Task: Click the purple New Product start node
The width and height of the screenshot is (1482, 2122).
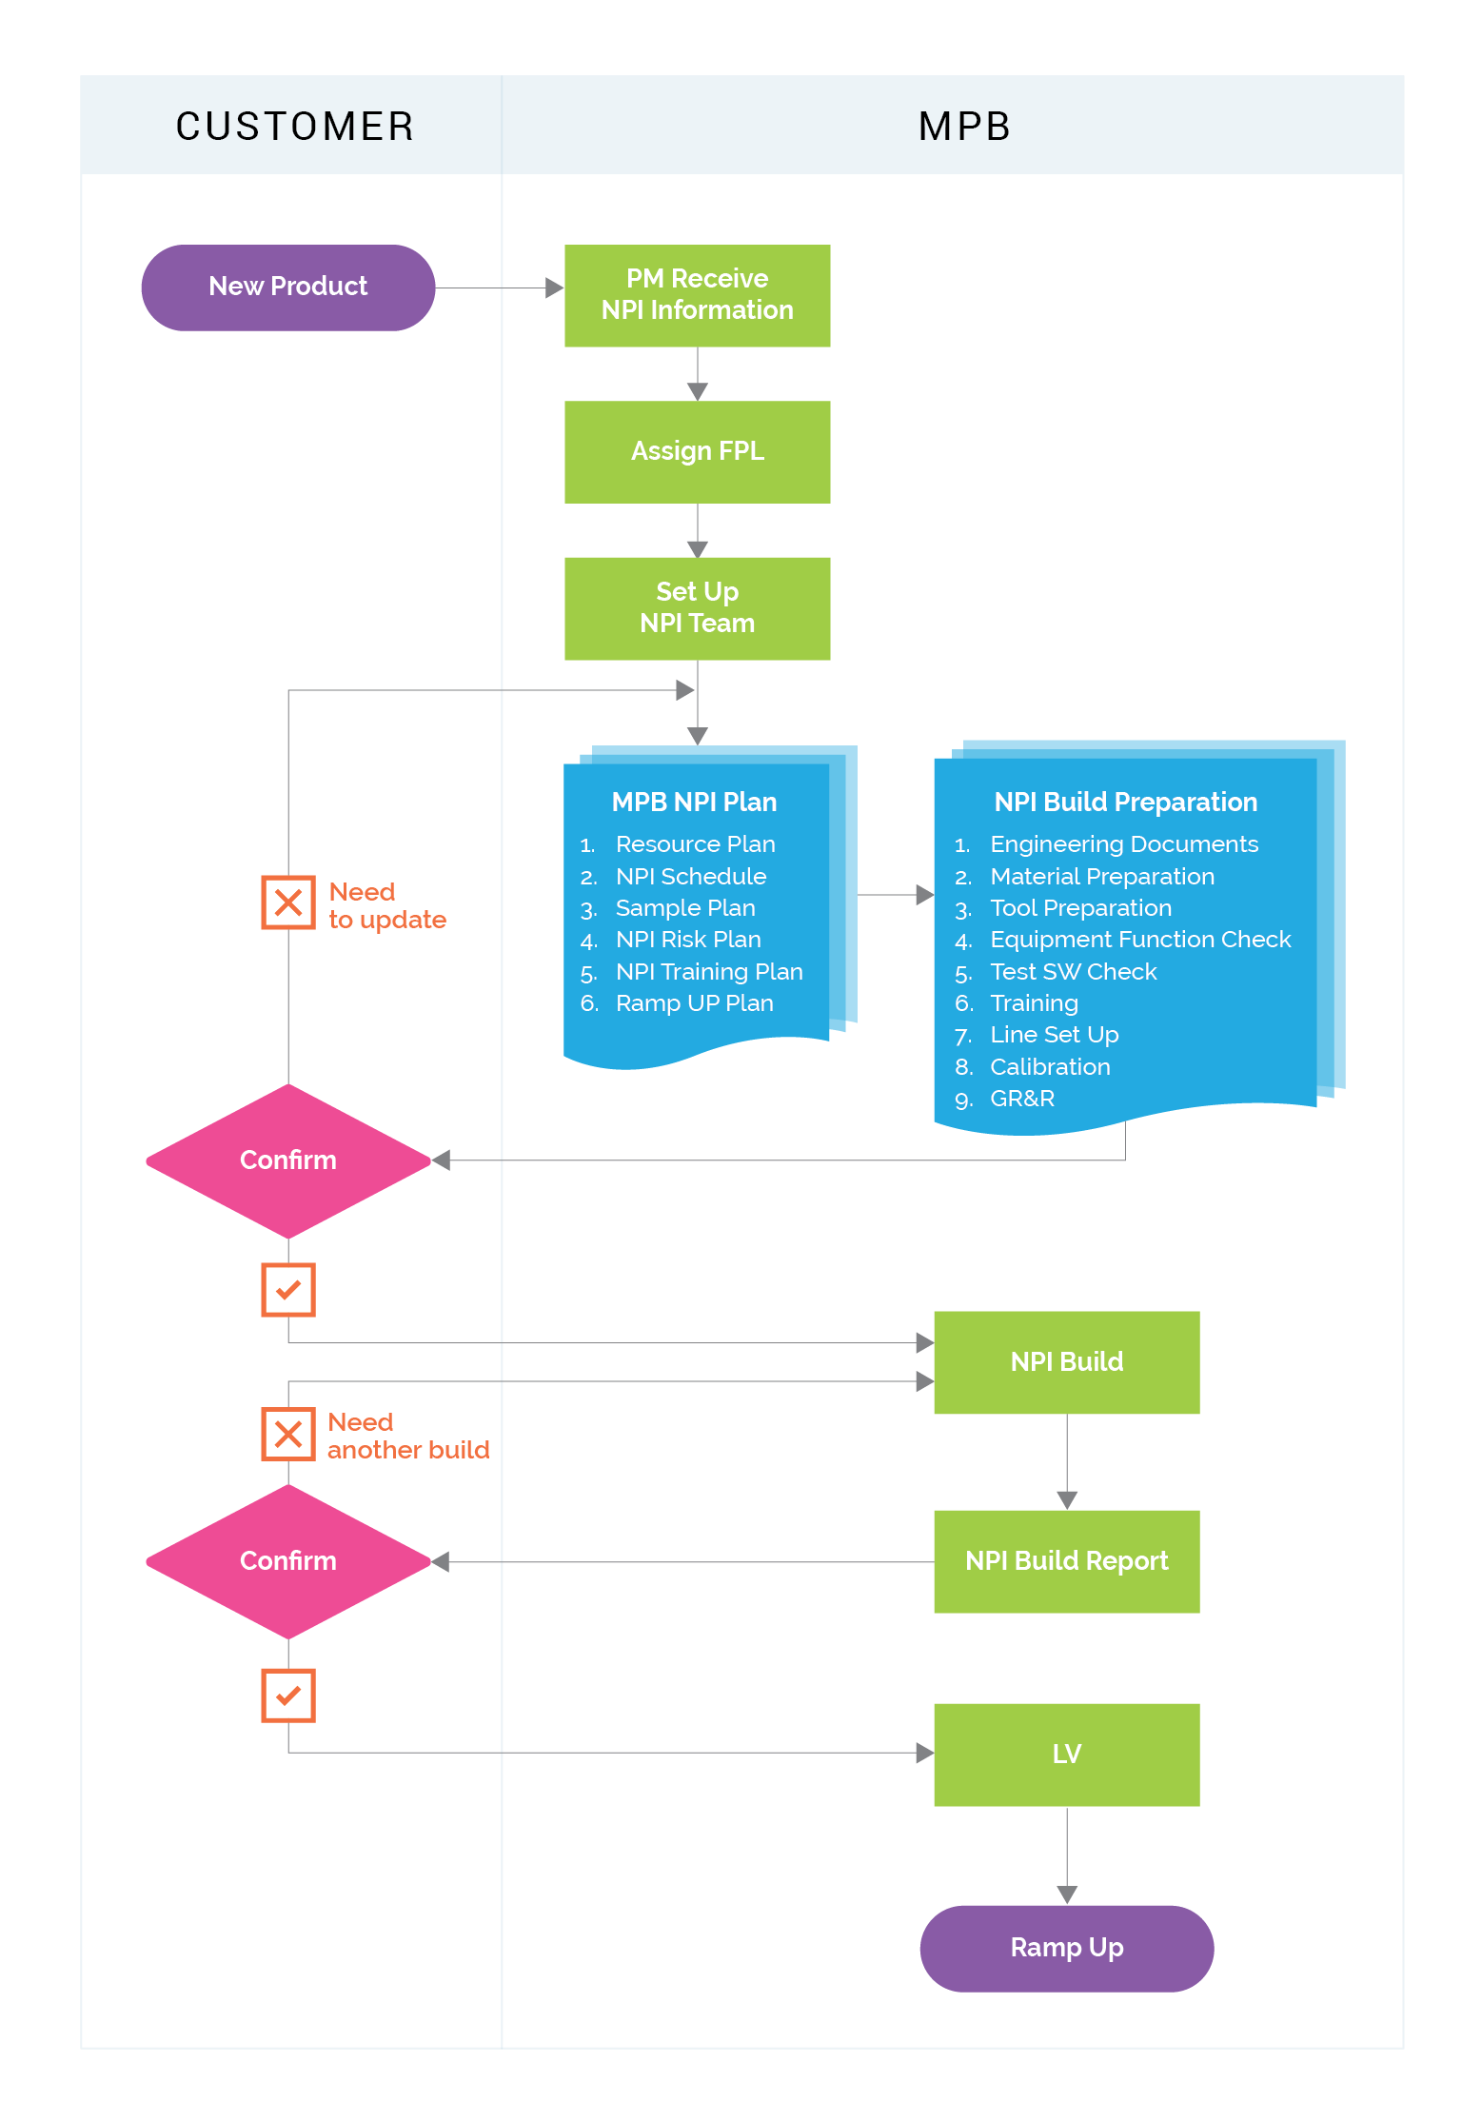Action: [x=287, y=288]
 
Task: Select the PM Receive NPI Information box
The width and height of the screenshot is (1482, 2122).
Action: [x=697, y=295]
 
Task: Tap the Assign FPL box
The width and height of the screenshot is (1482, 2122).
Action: [x=697, y=451]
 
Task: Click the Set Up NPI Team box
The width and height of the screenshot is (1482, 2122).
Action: [x=697, y=607]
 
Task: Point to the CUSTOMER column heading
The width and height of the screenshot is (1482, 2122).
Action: [x=295, y=127]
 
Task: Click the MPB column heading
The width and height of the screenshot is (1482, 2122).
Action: [x=963, y=127]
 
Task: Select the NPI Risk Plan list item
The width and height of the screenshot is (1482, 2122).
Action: [x=687, y=940]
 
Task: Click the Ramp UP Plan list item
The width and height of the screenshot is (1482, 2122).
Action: [x=694, y=1003]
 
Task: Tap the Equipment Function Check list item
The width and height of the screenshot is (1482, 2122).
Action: [x=1139, y=940]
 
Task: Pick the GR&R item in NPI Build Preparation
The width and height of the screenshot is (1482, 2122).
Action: [x=1021, y=1099]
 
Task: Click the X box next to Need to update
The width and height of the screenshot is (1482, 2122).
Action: [x=288, y=902]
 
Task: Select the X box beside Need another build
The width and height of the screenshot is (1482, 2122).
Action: [x=288, y=1434]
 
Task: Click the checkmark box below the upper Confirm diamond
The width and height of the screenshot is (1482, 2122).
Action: [x=288, y=1290]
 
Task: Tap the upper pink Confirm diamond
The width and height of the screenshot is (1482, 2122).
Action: [x=288, y=1160]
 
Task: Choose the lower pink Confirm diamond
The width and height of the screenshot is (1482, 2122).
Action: [x=288, y=1561]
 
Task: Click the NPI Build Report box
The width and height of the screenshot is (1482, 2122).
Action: [x=1066, y=1561]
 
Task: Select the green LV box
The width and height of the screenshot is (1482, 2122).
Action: [x=1066, y=1754]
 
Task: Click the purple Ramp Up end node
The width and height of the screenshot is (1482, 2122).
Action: [x=1066, y=1948]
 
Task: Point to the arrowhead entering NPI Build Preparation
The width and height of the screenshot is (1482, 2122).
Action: [x=924, y=895]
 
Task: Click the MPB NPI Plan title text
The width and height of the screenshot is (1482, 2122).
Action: [x=694, y=803]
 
